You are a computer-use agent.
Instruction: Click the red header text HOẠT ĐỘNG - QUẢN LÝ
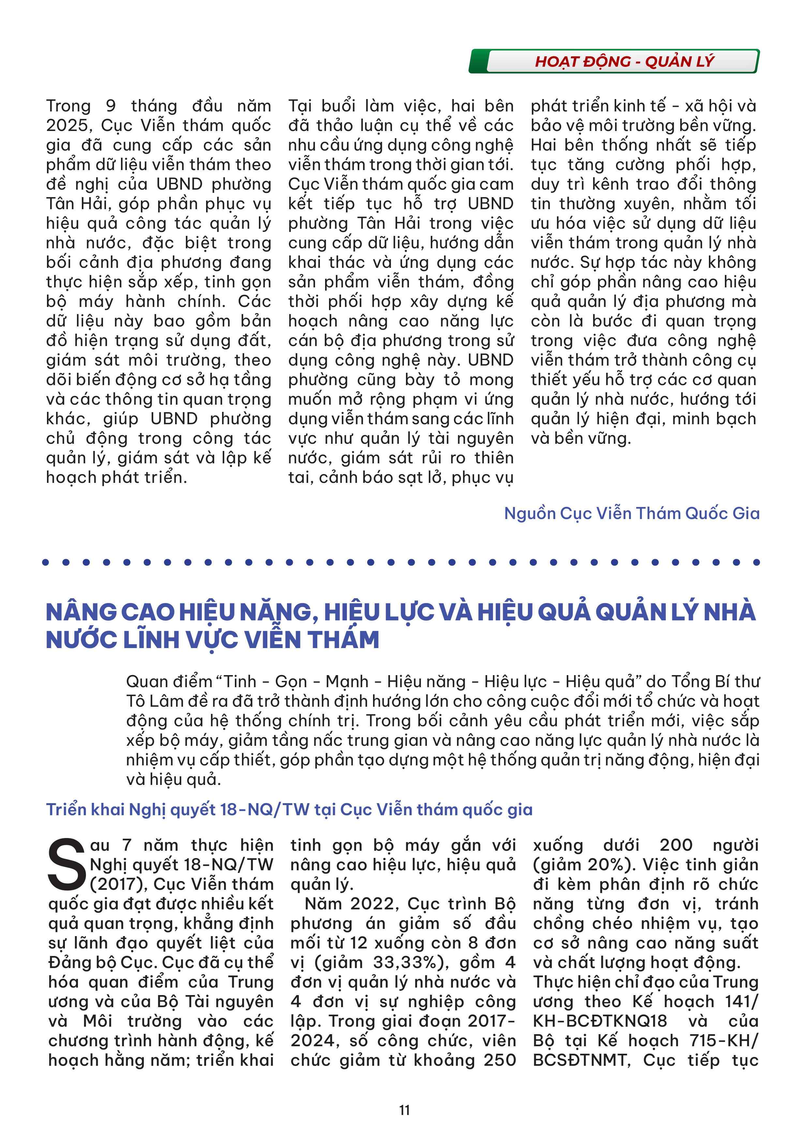624,62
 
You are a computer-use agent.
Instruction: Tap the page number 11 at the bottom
404,1110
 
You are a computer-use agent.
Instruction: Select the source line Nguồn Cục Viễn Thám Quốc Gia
632,513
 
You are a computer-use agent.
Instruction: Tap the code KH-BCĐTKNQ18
600,1021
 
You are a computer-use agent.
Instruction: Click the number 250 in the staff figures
500,1060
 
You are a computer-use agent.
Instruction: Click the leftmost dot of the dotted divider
46,562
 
